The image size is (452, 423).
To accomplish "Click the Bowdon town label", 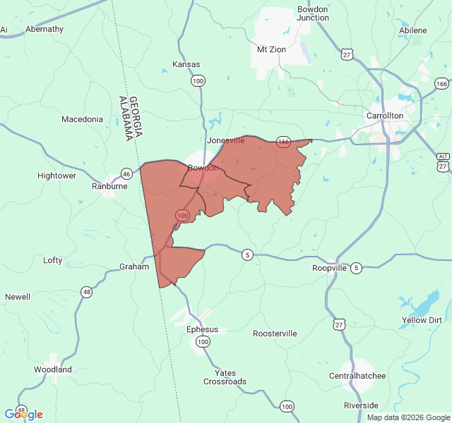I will [x=203, y=168].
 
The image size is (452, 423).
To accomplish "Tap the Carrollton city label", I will [x=384, y=116].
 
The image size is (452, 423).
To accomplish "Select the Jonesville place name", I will [x=225, y=140].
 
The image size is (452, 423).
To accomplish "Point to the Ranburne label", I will [x=109, y=187].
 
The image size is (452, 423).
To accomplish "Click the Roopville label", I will [x=330, y=269].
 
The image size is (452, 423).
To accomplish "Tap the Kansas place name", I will [x=186, y=64].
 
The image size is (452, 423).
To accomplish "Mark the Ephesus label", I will [x=202, y=329].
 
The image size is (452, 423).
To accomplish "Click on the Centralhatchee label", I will [x=357, y=376].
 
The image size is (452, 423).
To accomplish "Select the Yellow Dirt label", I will [x=422, y=320].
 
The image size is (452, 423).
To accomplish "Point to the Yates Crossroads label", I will [x=225, y=377].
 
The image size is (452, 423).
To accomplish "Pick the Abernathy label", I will [x=44, y=29].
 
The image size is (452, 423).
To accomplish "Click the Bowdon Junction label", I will [x=313, y=13].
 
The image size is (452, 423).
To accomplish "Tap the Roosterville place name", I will [x=275, y=333].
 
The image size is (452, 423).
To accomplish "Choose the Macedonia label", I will [x=82, y=119].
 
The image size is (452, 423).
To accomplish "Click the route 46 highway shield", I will [x=126, y=173].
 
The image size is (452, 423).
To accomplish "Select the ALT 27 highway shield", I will [x=443, y=161].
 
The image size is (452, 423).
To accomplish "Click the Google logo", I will [x=23, y=415].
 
